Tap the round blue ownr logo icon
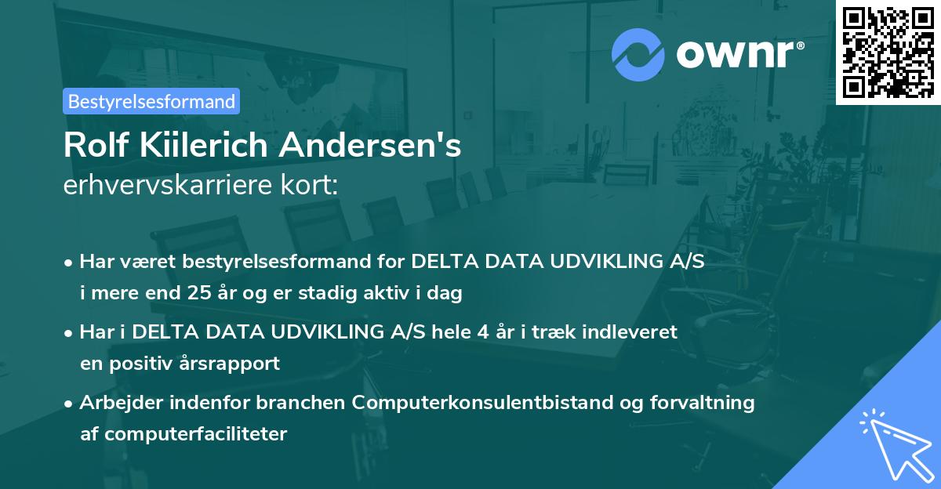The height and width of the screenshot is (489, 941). [638, 54]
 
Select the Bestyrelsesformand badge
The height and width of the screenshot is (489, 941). [151, 101]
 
